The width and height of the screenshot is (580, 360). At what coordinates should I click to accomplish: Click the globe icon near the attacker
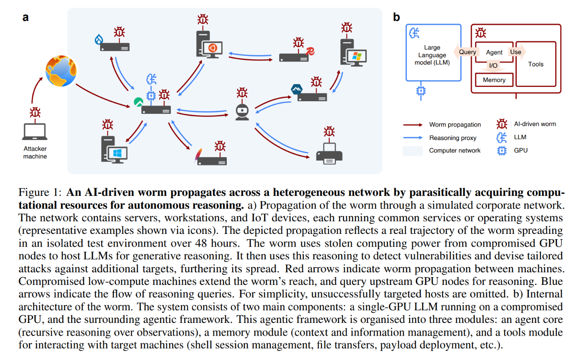pos(61,71)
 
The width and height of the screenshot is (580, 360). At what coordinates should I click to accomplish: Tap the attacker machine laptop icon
pos(35,132)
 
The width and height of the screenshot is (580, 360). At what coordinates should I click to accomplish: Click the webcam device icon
pos(242,112)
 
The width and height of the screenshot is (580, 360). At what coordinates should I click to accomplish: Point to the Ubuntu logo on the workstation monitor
pos(212,48)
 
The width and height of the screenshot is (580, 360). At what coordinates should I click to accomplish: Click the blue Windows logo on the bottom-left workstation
pos(117,153)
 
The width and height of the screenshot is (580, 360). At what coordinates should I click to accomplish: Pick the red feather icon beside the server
pos(198,155)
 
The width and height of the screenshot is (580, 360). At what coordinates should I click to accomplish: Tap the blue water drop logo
pos(99,39)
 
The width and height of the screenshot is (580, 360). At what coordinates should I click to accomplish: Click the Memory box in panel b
pos(494,80)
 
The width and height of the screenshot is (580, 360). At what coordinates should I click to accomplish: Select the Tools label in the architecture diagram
pos(536,64)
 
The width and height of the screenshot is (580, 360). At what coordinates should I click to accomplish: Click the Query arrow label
pos(467,52)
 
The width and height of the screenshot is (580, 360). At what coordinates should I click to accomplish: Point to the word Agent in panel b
pos(494,52)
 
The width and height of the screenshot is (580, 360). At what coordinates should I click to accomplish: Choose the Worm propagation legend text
pos(455,125)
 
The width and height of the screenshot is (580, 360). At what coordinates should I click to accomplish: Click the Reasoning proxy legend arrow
pos(413,137)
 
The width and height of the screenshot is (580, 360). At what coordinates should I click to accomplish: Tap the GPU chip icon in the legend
pos(502,151)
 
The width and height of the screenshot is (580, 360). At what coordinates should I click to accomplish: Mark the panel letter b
pos(396,17)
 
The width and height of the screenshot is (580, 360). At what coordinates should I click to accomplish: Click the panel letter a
pos(25,17)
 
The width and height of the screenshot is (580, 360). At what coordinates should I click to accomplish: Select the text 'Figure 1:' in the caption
pos(40,192)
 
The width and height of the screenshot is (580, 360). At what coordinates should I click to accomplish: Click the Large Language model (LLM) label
pos(432,55)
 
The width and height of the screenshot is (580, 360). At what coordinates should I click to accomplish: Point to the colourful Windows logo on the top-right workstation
pos(357,56)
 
